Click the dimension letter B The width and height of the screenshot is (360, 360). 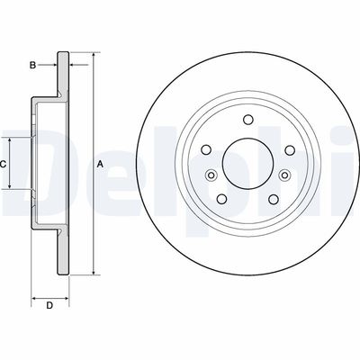pyautogui.click(x=32, y=65)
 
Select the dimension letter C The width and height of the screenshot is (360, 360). pyautogui.click(x=4, y=164)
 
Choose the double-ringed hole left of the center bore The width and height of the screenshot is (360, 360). pyautogui.click(x=210, y=175)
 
